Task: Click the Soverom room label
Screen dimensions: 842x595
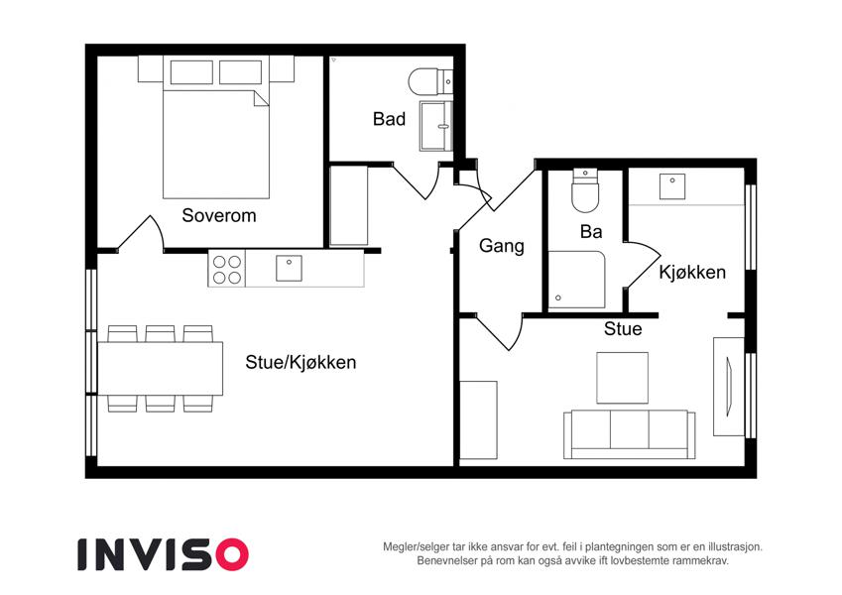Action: [218, 215]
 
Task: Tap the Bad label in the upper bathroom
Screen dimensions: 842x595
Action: [389, 119]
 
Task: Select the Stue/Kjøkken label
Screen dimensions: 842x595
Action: [301, 362]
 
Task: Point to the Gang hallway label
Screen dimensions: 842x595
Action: [502, 246]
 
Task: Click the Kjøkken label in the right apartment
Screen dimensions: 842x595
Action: [692, 273]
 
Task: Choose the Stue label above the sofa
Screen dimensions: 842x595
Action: [623, 328]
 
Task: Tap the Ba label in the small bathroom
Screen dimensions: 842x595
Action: [591, 232]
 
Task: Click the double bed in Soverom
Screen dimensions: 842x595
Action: [216, 127]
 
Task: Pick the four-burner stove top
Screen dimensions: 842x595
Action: [226, 269]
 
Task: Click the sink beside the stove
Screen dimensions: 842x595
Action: [289, 269]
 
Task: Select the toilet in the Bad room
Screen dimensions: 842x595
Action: [430, 82]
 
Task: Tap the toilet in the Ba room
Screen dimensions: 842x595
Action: [585, 190]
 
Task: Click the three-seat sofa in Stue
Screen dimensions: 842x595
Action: [630, 434]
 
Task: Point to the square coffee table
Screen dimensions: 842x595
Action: [623, 378]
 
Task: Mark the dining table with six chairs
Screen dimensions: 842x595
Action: [160, 368]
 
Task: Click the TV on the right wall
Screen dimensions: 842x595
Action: [727, 387]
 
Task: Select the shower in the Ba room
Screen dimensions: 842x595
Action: [577, 280]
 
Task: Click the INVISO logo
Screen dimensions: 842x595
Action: [164, 554]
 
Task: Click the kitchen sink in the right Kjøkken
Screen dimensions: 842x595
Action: [672, 185]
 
